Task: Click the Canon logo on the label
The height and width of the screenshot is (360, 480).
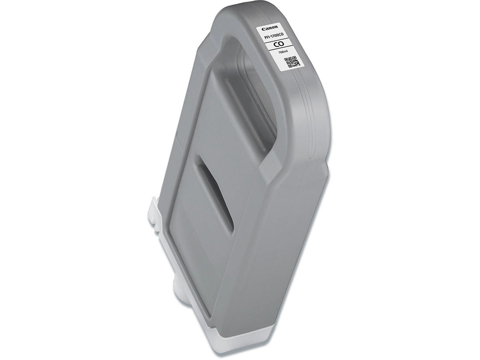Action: pos(270,28)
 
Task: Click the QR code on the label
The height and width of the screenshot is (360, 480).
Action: pos(292,62)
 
